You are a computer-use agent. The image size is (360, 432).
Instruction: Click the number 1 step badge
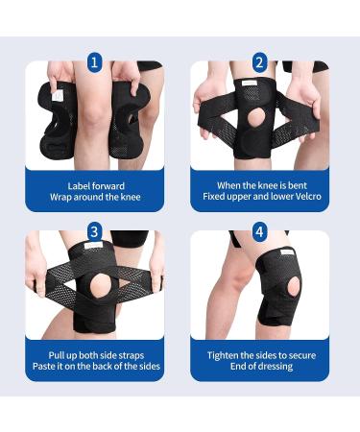(x=95, y=62)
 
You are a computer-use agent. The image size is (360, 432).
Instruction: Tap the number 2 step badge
(x=259, y=62)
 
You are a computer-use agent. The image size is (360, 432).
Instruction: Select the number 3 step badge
(x=94, y=231)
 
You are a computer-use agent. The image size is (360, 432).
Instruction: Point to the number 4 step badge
(x=259, y=231)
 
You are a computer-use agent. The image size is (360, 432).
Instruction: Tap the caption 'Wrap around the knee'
(x=94, y=197)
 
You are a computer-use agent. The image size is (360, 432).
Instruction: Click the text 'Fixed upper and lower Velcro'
(x=259, y=197)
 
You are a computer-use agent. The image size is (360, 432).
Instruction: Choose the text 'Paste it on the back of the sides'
(x=94, y=366)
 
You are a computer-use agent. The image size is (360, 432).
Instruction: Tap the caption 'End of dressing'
(x=259, y=366)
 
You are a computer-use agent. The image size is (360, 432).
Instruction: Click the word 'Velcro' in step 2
(x=296, y=197)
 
